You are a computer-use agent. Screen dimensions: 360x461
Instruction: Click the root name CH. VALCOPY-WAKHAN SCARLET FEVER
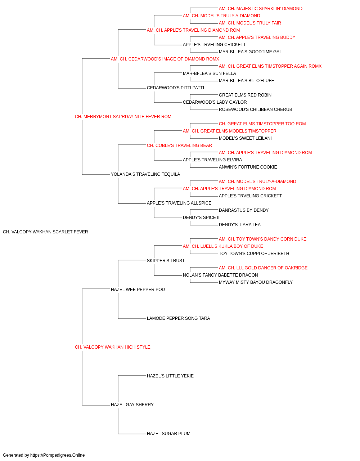(45, 232)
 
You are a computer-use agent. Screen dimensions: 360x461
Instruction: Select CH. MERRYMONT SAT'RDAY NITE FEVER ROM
(123, 117)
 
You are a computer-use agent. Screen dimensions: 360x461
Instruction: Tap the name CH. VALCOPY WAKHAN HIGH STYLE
(113, 347)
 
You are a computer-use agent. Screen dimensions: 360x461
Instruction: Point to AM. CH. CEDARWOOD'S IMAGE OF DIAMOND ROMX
(165, 59)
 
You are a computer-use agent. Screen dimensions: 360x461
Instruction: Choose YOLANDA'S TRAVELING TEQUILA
(145, 174)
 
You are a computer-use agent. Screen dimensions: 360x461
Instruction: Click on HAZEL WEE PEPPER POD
(138, 289)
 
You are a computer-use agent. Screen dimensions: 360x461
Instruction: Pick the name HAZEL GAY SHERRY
(132, 404)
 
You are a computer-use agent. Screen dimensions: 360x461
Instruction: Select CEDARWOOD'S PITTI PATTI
(176, 88)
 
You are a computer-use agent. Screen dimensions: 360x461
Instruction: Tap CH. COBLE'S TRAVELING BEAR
(179, 145)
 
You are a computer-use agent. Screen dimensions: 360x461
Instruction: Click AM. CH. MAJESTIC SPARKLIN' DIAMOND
(261, 9)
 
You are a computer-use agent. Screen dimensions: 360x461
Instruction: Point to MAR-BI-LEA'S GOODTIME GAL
(250, 52)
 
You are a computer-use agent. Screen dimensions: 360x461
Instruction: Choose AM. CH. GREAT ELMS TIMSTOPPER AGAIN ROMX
(270, 66)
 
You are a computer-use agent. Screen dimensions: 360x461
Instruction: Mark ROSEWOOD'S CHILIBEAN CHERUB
(256, 109)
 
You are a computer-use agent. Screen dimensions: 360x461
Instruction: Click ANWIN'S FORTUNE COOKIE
(248, 167)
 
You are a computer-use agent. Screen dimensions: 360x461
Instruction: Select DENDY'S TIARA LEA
(239, 225)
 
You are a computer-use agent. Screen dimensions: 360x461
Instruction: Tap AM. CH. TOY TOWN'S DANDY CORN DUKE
(262, 239)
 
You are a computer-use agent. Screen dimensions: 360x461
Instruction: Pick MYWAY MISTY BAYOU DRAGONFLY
(256, 282)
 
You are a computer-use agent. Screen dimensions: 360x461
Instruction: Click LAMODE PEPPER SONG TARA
(179, 318)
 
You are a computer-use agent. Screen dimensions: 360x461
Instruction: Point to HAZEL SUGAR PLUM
(168, 433)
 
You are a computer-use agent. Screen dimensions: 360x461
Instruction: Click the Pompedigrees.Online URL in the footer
(58, 455)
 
